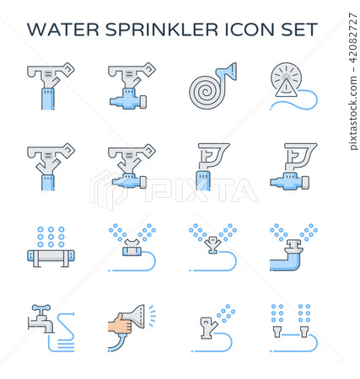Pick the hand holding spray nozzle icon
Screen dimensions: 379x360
click(x=131, y=324)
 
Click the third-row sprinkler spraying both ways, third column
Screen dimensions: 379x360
click(x=211, y=248)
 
